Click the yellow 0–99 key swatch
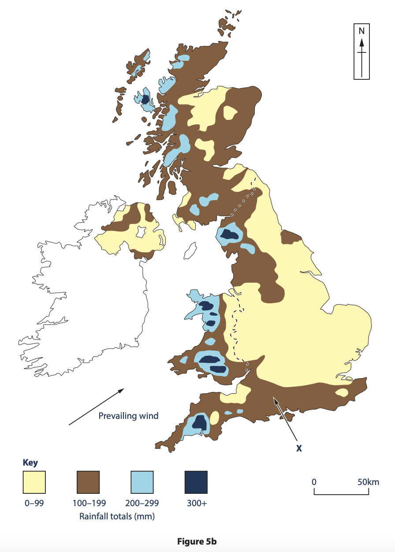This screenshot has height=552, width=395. [x=34, y=482]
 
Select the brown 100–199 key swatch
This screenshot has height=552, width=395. [x=88, y=482]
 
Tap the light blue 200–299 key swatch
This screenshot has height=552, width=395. [x=142, y=482]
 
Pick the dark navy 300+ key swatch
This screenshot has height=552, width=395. [x=196, y=482]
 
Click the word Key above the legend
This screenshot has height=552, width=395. [x=30, y=462]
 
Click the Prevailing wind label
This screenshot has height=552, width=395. [x=128, y=416]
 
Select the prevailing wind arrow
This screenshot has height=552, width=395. [x=96, y=407]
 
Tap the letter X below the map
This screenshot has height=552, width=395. [x=299, y=448]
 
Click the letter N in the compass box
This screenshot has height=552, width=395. [x=361, y=31]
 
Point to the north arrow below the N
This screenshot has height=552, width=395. [x=361, y=57]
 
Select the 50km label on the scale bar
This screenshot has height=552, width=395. [x=368, y=482]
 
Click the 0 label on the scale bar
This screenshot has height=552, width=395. [x=314, y=482]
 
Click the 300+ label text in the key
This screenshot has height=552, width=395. [x=195, y=503]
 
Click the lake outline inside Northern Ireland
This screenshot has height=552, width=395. [x=142, y=231]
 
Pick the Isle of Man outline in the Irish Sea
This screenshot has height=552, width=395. [x=190, y=250]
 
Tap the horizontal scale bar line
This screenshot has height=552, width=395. [x=341, y=494]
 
